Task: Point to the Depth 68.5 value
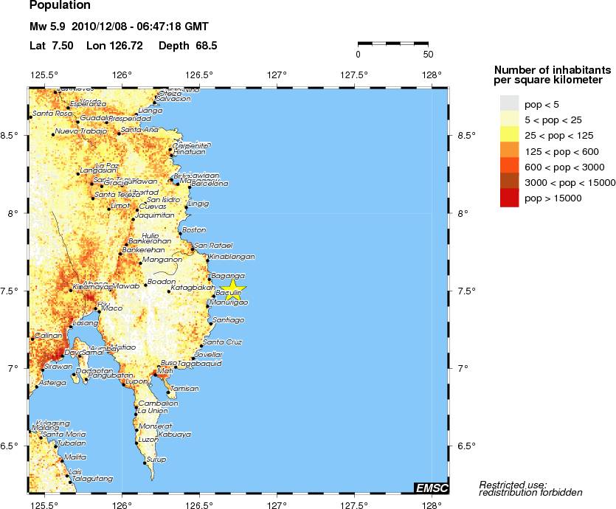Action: coord(187,46)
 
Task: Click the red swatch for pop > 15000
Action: coord(509,198)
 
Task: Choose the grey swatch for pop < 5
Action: coord(509,102)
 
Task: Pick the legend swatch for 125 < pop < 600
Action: coord(509,150)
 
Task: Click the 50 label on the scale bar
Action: coord(427,54)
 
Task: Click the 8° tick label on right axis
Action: coord(463,214)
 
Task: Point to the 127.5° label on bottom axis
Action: coord(354,505)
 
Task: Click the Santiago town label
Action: coord(228,320)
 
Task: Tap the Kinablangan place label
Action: coord(232,257)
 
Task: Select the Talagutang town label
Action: coord(92,479)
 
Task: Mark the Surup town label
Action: coord(156,460)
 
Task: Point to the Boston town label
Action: coord(194,230)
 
